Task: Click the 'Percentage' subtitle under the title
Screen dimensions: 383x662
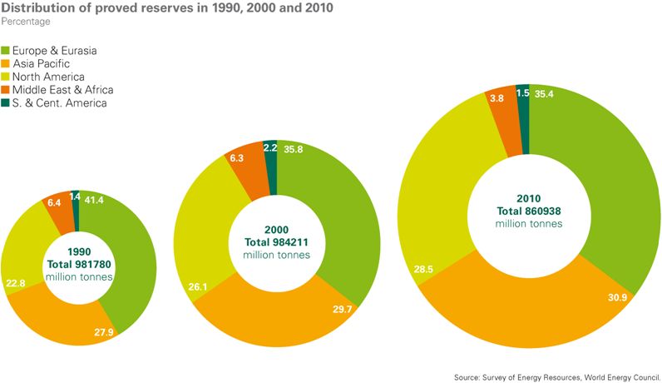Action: pyautogui.click(x=27, y=22)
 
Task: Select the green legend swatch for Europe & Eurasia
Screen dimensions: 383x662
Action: pyautogui.click(x=6, y=51)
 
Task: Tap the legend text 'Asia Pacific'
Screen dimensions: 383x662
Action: pyautogui.click(x=41, y=63)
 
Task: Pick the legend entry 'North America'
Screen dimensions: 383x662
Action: pyautogui.click(x=47, y=77)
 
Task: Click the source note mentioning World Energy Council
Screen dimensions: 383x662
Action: pyautogui.click(x=556, y=376)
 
